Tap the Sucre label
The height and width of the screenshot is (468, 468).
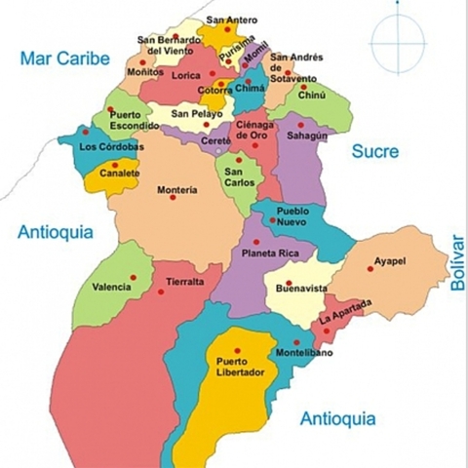[x=374, y=151]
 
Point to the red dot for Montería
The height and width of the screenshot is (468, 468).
[x=174, y=198]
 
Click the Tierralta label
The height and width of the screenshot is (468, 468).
[x=185, y=282]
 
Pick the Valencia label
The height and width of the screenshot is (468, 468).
[x=110, y=288]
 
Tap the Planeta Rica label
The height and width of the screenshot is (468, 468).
[x=263, y=254]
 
